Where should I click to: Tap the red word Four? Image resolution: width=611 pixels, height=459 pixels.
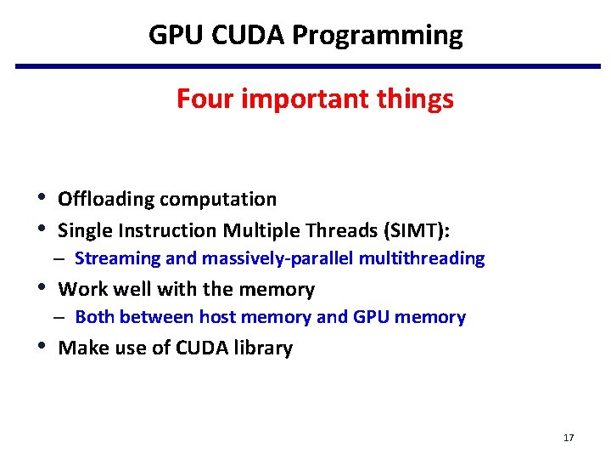coord(206,99)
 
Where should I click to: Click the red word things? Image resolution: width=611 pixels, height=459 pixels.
coord(416,99)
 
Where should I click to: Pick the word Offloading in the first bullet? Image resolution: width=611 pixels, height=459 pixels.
coord(106,199)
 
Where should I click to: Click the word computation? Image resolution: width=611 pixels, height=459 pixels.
coord(218,200)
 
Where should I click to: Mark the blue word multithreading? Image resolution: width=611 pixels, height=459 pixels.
coord(422,258)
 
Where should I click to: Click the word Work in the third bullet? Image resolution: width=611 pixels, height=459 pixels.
coord(78,290)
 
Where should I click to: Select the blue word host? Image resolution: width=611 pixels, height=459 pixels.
coord(216,317)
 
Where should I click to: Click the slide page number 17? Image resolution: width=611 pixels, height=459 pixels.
coord(568,438)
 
